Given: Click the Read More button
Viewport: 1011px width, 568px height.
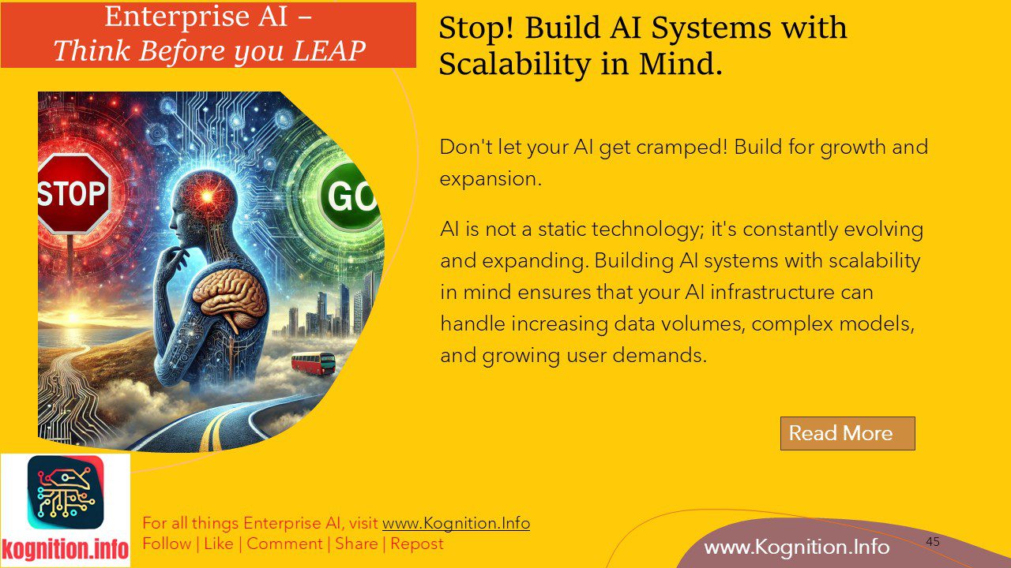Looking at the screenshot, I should [847, 433].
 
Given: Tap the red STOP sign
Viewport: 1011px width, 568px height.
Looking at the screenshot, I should [73, 193].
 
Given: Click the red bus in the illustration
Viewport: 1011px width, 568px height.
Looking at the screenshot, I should [313, 364].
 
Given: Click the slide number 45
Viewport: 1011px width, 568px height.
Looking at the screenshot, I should [933, 542].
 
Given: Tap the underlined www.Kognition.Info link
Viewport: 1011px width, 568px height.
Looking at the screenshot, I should [456, 523].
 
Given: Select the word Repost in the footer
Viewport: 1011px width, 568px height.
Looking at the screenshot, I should [417, 544].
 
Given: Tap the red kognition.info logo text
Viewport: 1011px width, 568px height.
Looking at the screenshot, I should [65, 549].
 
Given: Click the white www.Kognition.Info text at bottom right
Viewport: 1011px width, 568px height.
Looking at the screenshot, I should [796, 547].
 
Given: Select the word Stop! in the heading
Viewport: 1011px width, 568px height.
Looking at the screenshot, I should [476, 28].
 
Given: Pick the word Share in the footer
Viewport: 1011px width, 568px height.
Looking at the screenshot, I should [356, 544].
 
